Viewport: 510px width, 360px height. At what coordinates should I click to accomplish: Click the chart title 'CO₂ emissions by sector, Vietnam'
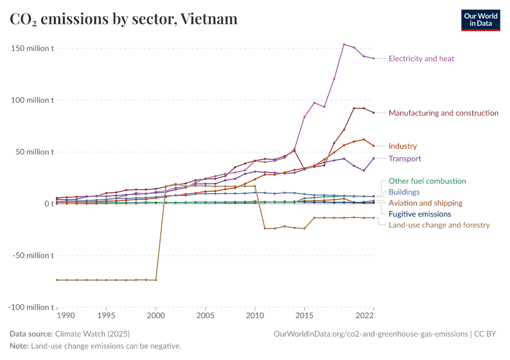point(124,19)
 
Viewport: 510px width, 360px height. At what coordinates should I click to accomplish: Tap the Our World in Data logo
point(480,20)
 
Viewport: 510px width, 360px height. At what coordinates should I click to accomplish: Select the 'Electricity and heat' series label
point(421,59)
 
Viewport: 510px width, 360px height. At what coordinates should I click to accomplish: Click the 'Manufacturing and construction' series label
point(443,113)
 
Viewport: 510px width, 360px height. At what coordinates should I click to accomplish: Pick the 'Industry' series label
point(403,146)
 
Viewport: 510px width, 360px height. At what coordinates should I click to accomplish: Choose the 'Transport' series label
point(405,159)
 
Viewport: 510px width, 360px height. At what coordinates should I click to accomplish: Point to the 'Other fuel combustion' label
point(427,181)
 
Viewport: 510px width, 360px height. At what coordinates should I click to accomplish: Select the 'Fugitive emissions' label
point(419,214)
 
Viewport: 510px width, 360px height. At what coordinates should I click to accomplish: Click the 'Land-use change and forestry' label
point(439,225)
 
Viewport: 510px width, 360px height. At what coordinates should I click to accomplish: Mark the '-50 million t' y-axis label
point(34,256)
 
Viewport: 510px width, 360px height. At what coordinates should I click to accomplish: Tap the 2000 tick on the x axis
point(156,316)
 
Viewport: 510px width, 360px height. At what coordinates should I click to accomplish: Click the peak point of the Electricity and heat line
point(344,44)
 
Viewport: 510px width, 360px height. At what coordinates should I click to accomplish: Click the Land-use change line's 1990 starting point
point(57,280)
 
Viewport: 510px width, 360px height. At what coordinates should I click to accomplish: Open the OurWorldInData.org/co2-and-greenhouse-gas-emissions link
point(370,334)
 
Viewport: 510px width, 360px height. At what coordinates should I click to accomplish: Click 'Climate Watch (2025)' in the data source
point(92,334)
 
